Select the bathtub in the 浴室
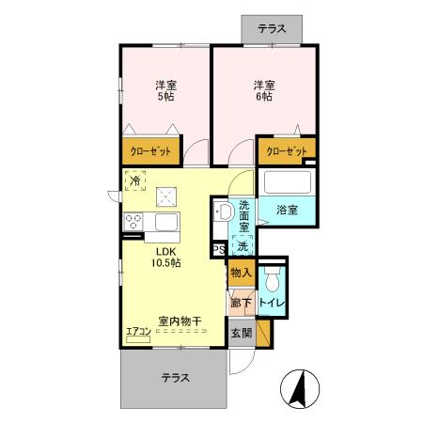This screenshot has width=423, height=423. [x=287, y=181]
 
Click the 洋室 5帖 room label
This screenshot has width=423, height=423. [x=165, y=91]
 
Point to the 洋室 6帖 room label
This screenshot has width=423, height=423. [x=261, y=91]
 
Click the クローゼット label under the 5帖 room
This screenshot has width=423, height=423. [x=150, y=150]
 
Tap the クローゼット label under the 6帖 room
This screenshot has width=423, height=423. [x=286, y=150]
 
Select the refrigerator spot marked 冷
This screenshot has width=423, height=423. [x=135, y=180]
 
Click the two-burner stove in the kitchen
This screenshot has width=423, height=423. [x=133, y=223]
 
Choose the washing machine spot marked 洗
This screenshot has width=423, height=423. [x=243, y=246]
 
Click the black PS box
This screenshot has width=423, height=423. [x=218, y=250]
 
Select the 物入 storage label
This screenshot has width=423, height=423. [x=241, y=274]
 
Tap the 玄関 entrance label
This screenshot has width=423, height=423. [x=241, y=332]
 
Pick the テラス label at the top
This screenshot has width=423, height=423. [x=272, y=28]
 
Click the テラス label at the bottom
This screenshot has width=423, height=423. [x=174, y=378]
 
